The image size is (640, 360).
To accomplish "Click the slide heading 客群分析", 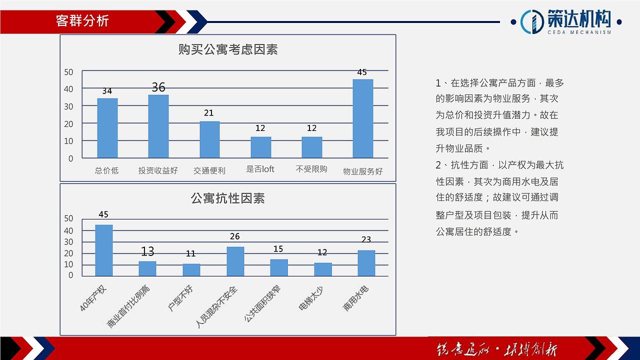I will [x=82, y=20].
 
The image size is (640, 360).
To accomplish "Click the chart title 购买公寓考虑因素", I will [x=228, y=49].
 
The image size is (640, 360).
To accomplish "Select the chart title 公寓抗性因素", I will [x=228, y=198].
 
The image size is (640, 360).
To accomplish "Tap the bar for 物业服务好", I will [x=362, y=118].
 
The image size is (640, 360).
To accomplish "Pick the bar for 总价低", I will [x=107, y=128].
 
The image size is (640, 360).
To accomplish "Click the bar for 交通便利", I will [x=209, y=139].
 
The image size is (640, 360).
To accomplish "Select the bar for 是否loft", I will [x=260, y=147].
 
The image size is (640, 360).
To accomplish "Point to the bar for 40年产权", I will [x=103, y=250].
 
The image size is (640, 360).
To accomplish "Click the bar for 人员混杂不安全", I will [x=235, y=261].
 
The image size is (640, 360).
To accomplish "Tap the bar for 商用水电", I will [x=366, y=263].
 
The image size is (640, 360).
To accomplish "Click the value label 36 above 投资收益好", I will [x=158, y=87].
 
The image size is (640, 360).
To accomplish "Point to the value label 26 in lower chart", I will [x=234, y=236].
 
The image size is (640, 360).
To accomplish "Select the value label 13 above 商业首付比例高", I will [x=147, y=251].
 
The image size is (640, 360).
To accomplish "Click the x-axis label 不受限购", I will [x=311, y=169].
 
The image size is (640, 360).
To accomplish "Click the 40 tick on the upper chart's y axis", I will [x=68, y=89].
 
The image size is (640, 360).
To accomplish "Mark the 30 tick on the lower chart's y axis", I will [x=68, y=242].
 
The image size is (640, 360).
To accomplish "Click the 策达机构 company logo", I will [x=567, y=21].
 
